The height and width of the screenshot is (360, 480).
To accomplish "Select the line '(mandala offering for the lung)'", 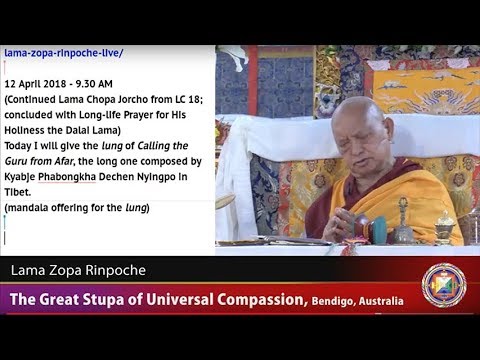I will coord(76,207).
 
